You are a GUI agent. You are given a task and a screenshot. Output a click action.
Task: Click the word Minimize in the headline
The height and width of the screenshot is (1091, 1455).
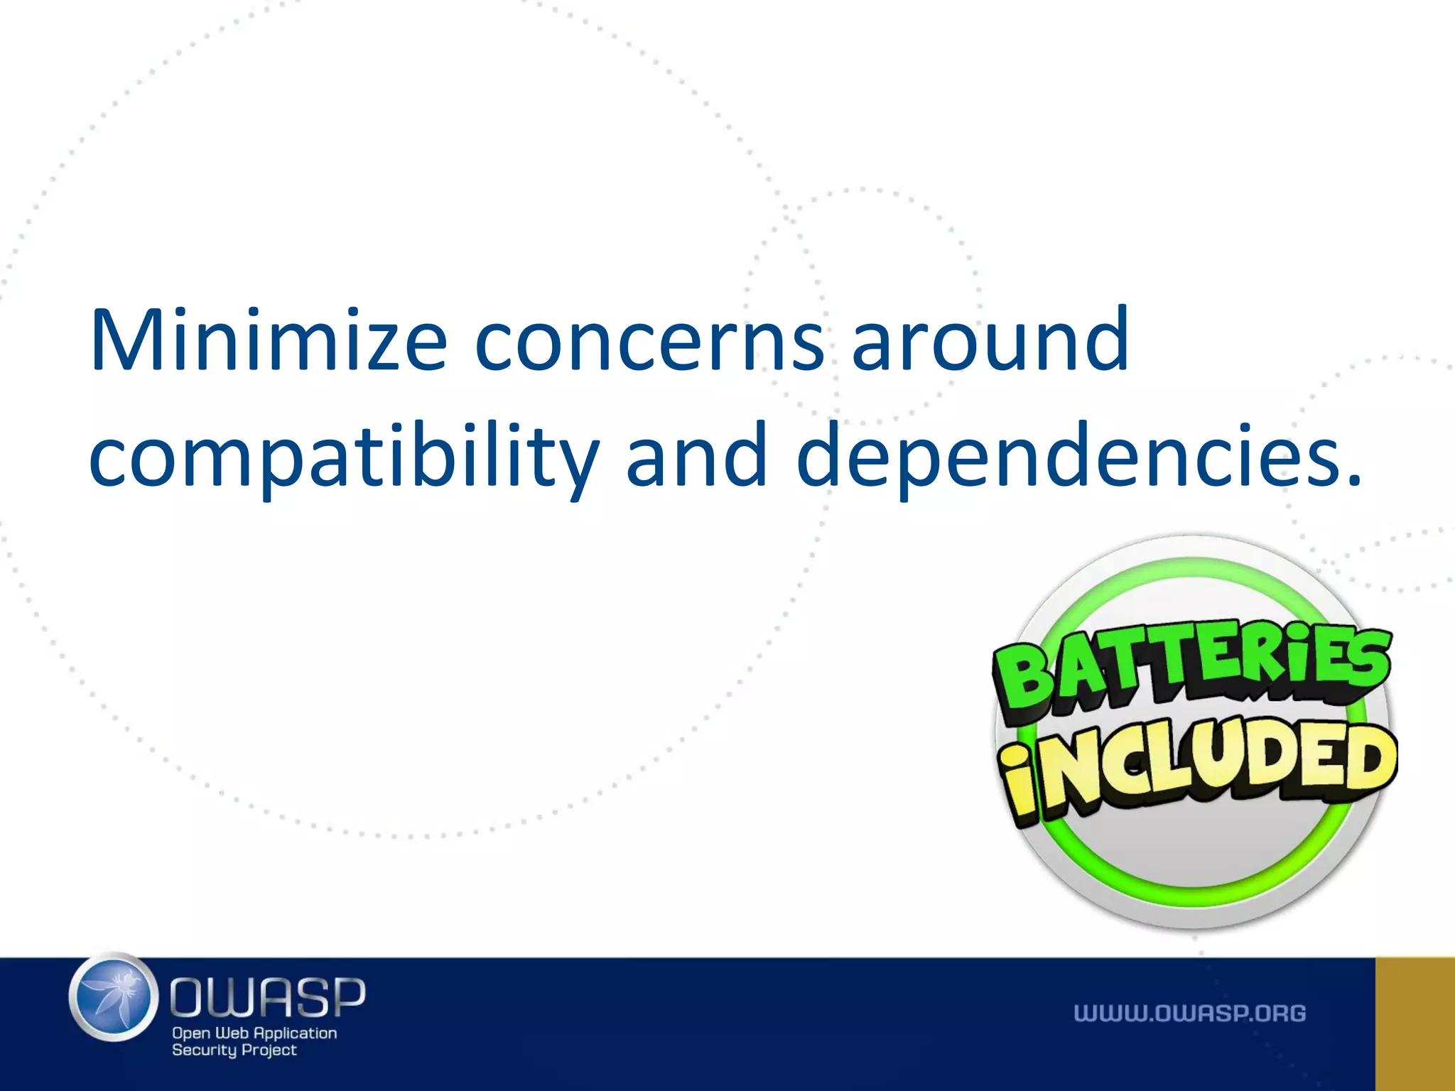(x=269, y=340)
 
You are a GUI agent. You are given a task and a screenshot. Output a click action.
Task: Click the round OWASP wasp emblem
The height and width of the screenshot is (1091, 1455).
(x=114, y=997)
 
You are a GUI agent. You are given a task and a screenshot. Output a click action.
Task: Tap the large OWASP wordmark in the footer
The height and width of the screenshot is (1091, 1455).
(x=268, y=997)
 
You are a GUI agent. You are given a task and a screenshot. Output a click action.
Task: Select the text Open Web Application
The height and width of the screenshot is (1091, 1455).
(x=254, y=1033)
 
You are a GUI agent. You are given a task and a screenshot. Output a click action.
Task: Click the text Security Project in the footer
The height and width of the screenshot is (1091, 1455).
(x=234, y=1050)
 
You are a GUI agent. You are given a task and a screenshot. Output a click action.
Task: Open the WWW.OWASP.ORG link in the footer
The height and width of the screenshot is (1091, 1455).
(x=1189, y=1013)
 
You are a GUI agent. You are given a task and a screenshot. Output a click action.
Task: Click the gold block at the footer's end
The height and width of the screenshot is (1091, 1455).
(x=1415, y=1024)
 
